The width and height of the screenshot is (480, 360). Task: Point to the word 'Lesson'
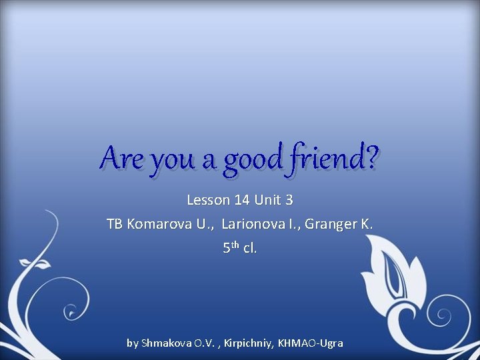click(208, 199)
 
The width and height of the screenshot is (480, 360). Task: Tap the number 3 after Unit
click(289, 199)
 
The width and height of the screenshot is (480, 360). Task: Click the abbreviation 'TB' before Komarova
click(115, 224)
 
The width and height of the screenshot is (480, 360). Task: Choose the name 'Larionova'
click(255, 224)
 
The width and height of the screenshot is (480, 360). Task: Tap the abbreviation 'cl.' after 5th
click(249, 248)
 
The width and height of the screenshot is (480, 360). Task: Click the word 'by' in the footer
click(133, 343)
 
